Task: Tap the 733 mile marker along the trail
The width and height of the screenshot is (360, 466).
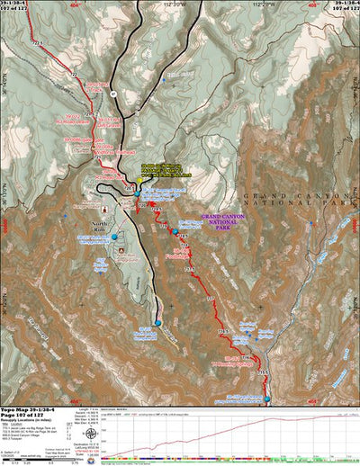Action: (210, 296)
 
